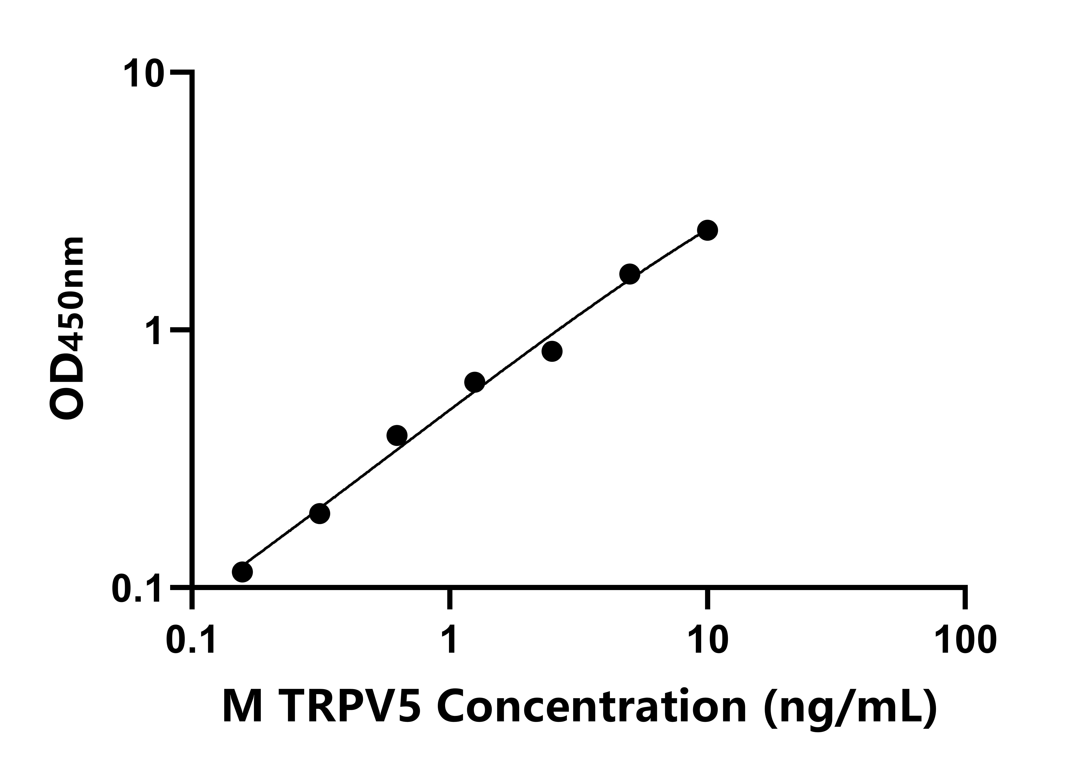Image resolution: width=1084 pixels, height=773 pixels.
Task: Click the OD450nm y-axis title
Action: (68, 329)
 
